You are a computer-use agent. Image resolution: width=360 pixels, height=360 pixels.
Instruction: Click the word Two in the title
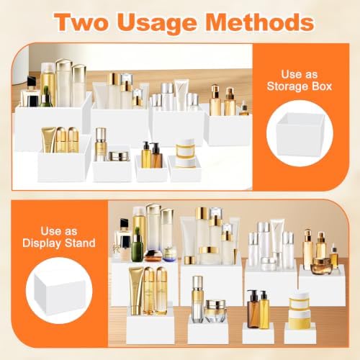81,22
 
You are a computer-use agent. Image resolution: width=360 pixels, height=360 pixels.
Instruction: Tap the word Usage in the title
158,24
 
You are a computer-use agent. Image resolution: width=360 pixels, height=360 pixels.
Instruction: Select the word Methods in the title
260,22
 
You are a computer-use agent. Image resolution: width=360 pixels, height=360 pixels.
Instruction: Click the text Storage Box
300,86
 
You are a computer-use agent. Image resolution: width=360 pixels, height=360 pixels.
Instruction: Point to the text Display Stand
59,243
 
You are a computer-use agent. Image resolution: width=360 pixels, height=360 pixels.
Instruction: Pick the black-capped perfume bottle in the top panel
31,92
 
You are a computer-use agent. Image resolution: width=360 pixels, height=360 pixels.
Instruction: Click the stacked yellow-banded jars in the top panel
184,153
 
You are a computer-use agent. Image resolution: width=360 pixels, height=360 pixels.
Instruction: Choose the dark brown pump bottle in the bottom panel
253,309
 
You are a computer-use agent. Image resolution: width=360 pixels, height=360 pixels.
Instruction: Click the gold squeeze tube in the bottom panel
136,291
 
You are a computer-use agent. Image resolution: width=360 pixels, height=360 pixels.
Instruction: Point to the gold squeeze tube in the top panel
49,140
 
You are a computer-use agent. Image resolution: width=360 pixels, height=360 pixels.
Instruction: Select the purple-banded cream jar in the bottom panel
170,254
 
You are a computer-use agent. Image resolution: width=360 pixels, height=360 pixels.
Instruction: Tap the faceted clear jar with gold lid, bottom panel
215,311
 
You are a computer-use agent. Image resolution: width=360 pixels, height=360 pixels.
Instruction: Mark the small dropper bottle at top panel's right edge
244,109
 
